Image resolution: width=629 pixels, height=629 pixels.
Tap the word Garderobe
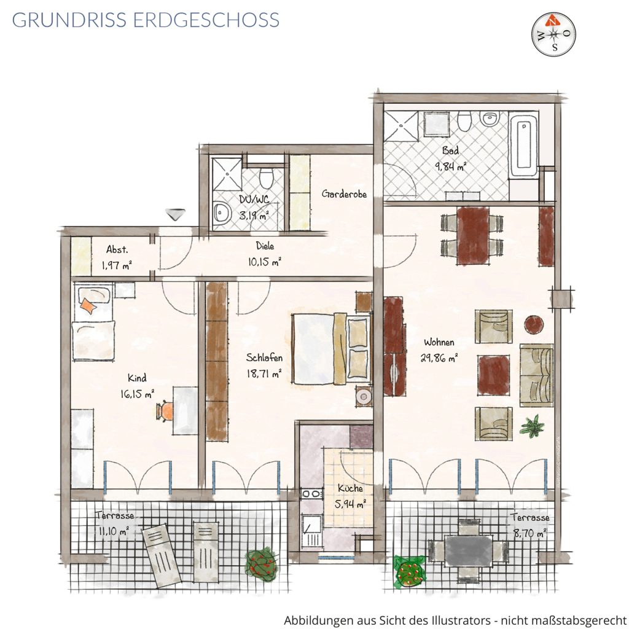(x=344, y=194)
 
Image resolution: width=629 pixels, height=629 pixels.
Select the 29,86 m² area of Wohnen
(x=439, y=358)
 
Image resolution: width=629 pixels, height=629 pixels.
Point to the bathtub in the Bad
(x=523, y=144)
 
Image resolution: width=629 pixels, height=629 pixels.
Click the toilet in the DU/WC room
(x=266, y=178)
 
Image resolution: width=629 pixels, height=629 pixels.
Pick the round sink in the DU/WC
(x=221, y=212)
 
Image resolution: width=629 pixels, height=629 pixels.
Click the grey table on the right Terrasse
(x=468, y=551)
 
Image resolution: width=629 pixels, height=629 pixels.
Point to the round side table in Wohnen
(x=534, y=324)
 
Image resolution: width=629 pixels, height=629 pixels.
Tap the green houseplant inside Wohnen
(x=532, y=425)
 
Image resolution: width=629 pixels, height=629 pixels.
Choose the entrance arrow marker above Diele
(x=175, y=214)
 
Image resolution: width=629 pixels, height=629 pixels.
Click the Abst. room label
(x=117, y=249)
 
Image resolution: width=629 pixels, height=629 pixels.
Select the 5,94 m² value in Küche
(x=350, y=504)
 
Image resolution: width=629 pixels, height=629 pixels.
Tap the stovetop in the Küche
(x=311, y=494)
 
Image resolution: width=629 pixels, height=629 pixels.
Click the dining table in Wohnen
(x=474, y=235)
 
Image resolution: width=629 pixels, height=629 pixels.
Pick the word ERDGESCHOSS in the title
(x=206, y=20)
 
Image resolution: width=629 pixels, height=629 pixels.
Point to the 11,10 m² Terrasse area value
(x=114, y=532)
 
